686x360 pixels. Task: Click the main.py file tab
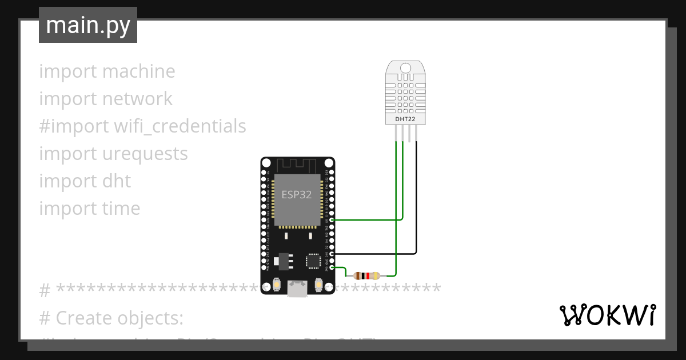tap(87, 25)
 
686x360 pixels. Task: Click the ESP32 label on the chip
tap(297, 194)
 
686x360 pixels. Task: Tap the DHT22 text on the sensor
tap(406, 119)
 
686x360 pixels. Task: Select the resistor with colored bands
tap(366, 275)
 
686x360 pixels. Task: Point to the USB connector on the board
tap(297, 289)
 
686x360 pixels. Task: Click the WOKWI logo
tap(607, 315)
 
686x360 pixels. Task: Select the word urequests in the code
tap(145, 154)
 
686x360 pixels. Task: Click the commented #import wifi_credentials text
tap(142, 126)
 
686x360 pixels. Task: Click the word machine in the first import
tap(138, 71)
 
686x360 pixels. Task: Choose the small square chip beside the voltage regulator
tap(313, 261)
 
